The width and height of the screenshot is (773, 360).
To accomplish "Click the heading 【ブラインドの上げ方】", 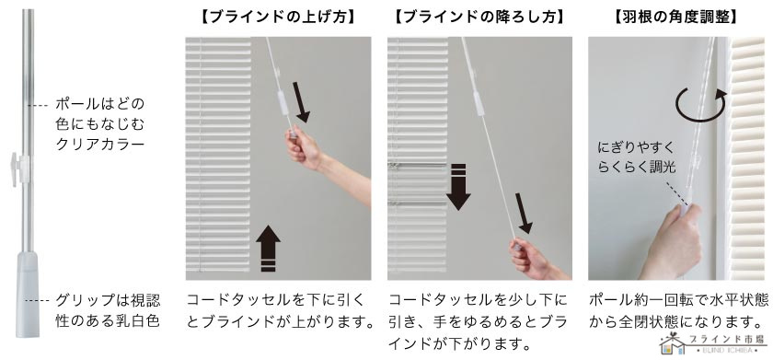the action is [278, 17].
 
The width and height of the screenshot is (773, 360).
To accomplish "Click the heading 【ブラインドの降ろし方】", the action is [479, 17].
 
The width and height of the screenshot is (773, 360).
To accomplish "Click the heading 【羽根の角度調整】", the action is [675, 17].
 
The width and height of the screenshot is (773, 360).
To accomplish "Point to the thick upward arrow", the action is [268, 248].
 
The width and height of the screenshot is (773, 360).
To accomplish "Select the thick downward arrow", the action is [458, 187].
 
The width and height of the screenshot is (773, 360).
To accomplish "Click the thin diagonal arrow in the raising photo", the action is [301, 102].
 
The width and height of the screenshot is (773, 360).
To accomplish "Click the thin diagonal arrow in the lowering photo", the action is [524, 214].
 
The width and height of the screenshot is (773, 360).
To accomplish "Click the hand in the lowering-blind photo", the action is [530, 258].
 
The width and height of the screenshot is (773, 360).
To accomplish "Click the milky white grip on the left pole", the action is [28, 295].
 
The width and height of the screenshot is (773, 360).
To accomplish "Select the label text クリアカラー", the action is [100, 144].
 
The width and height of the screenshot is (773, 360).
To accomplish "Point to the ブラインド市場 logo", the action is [714, 343].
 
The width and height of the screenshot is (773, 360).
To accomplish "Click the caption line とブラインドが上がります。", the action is [280, 321].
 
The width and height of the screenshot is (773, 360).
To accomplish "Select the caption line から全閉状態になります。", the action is [675, 321].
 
